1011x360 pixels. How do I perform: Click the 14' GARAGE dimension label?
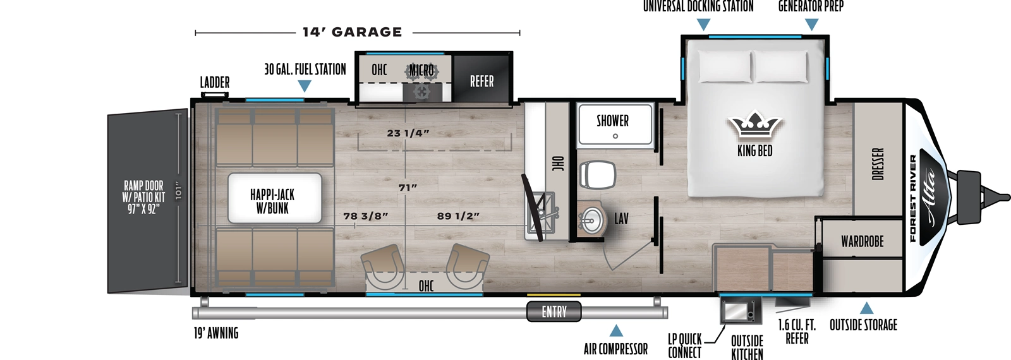[x=352, y=32]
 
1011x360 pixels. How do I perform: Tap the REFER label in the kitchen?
[x=481, y=81]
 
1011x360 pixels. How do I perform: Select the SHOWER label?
[x=612, y=121]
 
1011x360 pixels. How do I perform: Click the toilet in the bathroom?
[x=597, y=174]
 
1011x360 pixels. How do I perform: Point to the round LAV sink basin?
[x=591, y=220]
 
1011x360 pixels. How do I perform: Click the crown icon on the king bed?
[x=754, y=126]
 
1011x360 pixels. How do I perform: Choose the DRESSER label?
[x=878, y=164]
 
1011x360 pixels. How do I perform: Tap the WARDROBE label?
[x=862, y=241]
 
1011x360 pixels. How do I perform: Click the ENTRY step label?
[x=554, y=312]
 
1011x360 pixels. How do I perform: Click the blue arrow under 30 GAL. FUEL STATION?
[x=304, y=87]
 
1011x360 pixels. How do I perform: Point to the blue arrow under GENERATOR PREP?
[x=811, y=25]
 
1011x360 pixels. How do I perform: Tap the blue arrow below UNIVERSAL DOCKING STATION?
[x=703, y=25]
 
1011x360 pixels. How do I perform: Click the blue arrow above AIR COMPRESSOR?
[x=615, y=331]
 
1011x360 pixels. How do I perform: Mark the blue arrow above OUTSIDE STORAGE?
[x=866, y=308]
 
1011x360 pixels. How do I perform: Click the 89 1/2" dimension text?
[x=458, y=216]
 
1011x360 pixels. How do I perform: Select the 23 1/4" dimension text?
[x=408, y=133]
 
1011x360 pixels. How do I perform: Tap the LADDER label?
[x=215, y=83]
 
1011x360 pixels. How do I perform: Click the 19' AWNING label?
[x=216, y=333]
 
